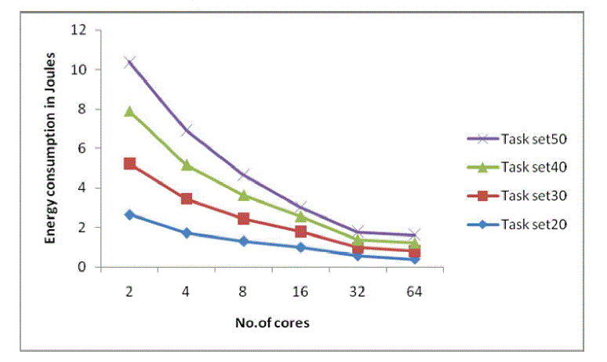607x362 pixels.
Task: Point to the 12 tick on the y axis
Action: pyautogui.click(x=78, y=30)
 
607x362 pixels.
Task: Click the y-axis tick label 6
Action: pyautogui.click(x=82, y=148)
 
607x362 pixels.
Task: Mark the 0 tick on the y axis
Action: pyautogui.click(x=82, y=267)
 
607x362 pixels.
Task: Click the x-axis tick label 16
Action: pyautogui.click(x=300, y=291)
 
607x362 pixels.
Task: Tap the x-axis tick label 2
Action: pyautogui.click(x=129, y=291)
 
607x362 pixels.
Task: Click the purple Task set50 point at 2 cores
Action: pyautogui.click(x=129, y=61)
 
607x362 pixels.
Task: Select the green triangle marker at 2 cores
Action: pyautogui.click(x=129, y=112)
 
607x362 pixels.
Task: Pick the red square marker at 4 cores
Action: pyautogui.click(x=187, y=199)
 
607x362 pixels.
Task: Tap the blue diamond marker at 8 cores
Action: pyautogui.click(x=244, y=241)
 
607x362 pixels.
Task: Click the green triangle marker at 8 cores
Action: pyautogui.click(x=244, y=196)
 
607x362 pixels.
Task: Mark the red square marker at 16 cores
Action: pyautogui.click(x=300, y=232)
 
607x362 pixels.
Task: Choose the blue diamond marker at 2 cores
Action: pyautogui.click(x=129, y=214)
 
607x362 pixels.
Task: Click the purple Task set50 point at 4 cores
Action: pyautogui.click(x=187, y=130)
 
